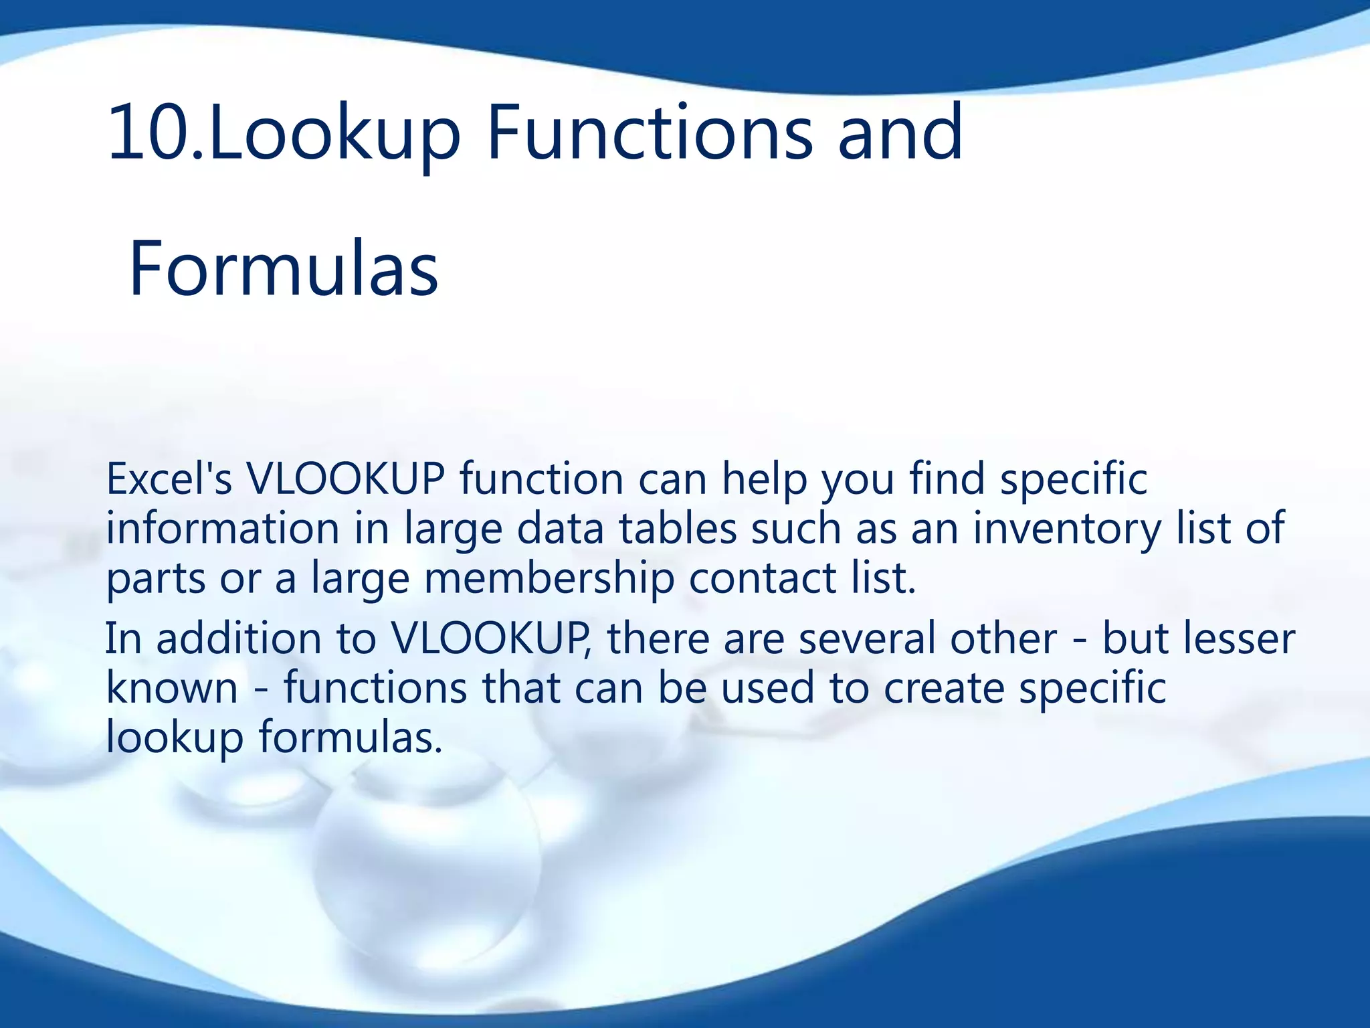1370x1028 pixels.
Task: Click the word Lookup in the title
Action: pos(334,134)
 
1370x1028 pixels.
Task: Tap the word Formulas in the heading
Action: pos(283,269)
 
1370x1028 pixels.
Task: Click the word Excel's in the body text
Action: pos(169,479)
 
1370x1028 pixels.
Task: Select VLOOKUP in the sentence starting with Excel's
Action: pos(345,479)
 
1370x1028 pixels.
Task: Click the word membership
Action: pos(549,578)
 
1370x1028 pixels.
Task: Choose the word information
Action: pos(223,529)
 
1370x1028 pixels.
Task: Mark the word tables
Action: pos(677,529)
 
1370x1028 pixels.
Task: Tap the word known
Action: pos(172,688)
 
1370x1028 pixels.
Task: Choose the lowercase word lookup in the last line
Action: pos(175,738)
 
